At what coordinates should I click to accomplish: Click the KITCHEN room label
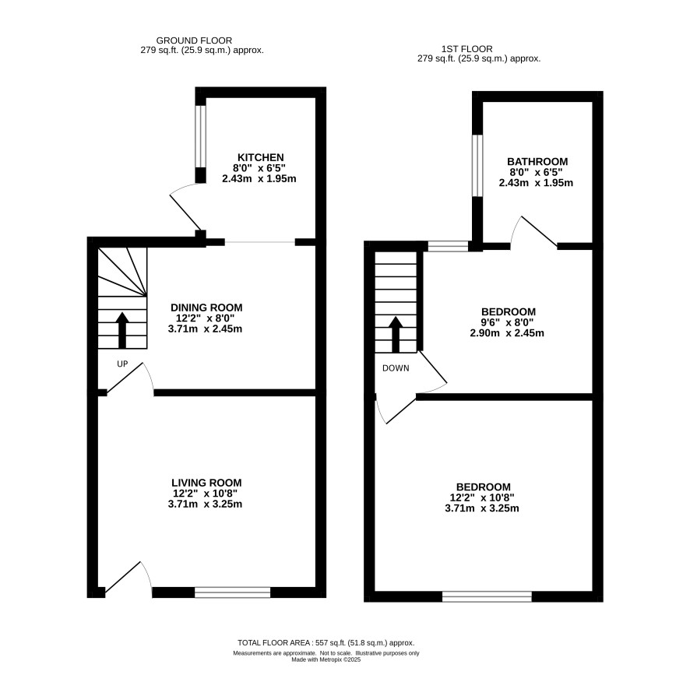(x=261, y=157)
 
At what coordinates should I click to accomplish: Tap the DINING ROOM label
(x=206, y=308)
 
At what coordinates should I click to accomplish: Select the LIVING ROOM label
(x=206, y=483)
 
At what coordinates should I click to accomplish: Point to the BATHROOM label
(x=537, y=161)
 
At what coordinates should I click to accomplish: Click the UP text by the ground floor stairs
(x=122, y=364)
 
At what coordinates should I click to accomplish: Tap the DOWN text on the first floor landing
(x=396, y=368)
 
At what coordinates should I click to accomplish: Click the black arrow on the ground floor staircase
(x=122, y=330)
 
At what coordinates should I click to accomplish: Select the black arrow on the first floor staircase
(x=396, y=335)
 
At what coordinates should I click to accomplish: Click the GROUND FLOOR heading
(x=194, y=40)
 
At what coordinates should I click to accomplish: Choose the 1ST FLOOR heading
(x=467, y=49)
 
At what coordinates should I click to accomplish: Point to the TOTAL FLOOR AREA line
(x=326, y=643)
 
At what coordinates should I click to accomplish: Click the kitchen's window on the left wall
(x=200, y=136)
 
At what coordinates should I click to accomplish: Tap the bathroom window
(x=477, y=165)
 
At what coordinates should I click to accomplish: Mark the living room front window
(x=232, y=592)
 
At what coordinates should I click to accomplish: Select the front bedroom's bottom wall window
(x=487, y=596)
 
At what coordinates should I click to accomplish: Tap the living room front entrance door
(x=128, y=577)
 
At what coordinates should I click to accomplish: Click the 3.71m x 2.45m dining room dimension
(x=205, y=329)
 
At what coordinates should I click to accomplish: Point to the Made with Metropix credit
(x=326, y=660)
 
